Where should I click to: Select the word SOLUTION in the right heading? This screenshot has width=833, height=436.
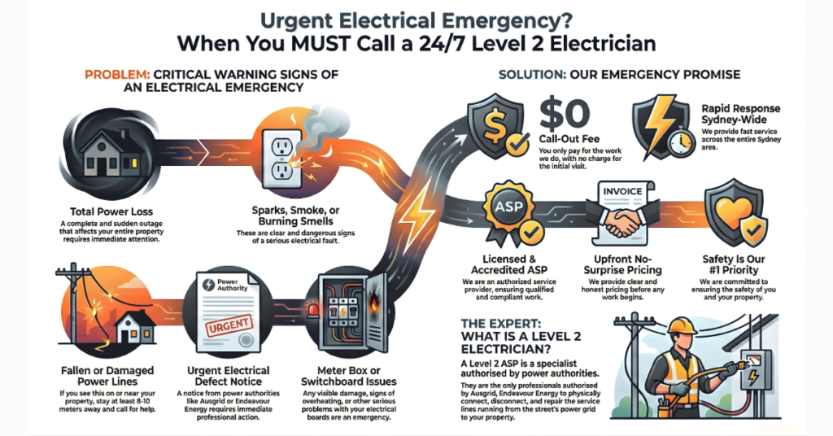pyautogui.click(x=530, y=75)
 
